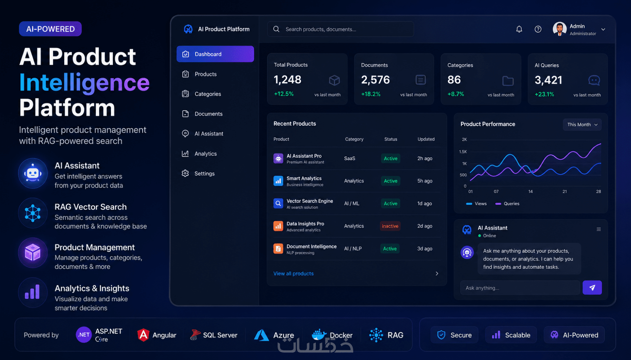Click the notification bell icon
519,29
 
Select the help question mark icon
538,29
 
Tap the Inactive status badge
390,226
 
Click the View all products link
293,274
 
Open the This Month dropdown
582,124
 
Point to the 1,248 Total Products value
287,80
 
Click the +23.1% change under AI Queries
544,94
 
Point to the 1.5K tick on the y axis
463,151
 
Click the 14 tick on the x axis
530,192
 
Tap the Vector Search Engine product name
310,201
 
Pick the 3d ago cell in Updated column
425,249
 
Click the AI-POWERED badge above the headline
50,29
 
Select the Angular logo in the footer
143,335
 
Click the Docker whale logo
319,335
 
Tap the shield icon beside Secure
441,335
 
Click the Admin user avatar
559,29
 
